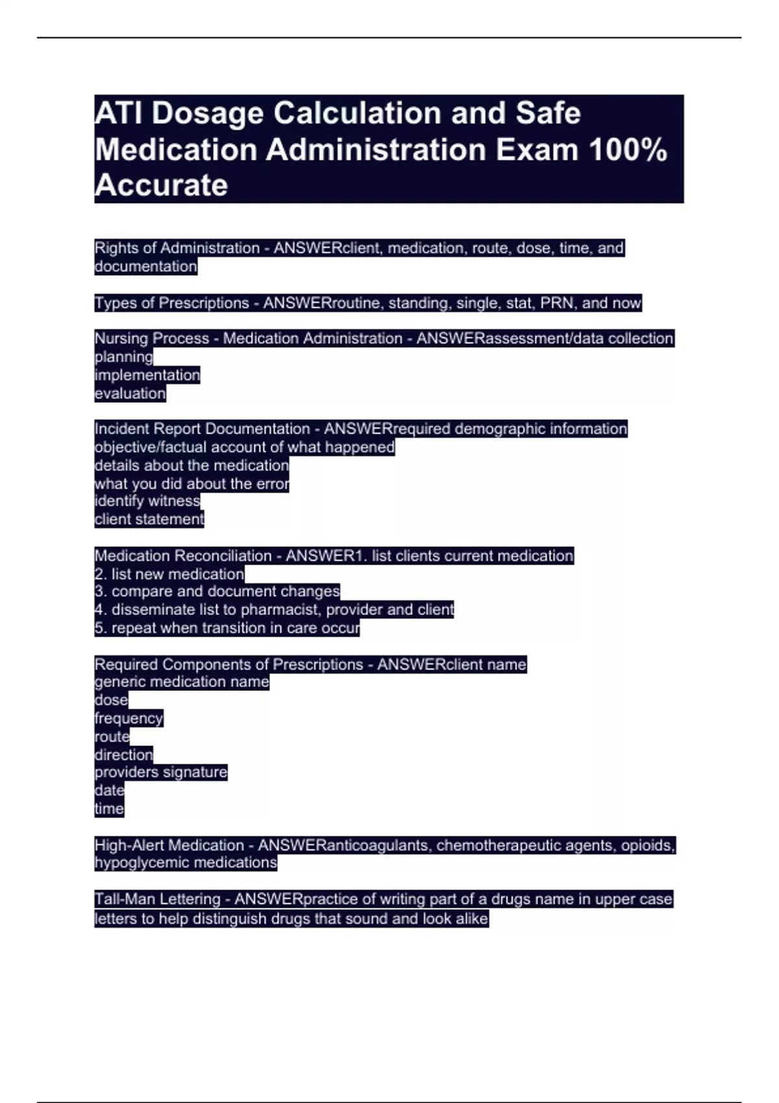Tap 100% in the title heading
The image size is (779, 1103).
pos(628,150)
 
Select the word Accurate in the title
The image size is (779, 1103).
pos(161,186)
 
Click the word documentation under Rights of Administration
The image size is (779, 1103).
pos(145,267)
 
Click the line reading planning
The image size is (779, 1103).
pos(123,357)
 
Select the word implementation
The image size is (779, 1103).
pos(147,375)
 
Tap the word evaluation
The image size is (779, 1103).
pos(130,393)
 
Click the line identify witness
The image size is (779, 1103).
pos(147,501)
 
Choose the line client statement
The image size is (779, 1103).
pos(149,519)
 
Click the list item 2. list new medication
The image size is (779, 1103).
pos(169,574)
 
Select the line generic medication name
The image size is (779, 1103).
pos(181,682)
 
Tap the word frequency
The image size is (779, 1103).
pos(129,718)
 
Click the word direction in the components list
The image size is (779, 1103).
pos(123,755)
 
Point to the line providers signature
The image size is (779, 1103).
pos(160,772)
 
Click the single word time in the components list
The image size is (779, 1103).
pos(108,808)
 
